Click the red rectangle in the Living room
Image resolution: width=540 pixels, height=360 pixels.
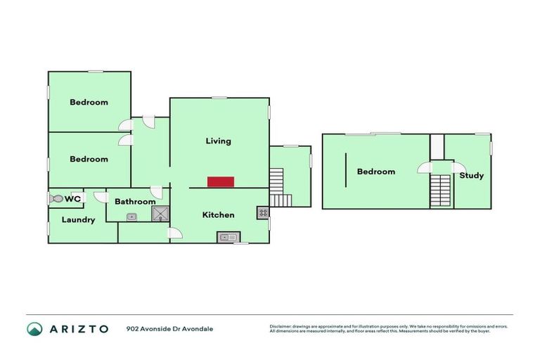click(x=220, y=181)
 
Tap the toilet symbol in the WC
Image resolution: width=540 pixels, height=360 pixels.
click(x=56, y=199)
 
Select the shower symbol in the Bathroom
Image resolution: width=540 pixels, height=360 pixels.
click(x=160, y=214)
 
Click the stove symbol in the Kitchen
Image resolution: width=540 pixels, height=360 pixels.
click(x=262, y=212)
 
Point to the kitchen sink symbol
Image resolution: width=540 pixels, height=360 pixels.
click(x=228, y=237)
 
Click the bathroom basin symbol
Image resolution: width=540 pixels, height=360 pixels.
click(x=131, y=217)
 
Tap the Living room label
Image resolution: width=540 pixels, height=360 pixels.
click(x=218, y=141)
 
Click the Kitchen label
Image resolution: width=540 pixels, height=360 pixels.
click(x=218, y=214)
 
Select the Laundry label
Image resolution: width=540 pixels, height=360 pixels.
click(x=78, y=219)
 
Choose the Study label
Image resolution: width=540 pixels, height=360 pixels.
click(x=471, y=175)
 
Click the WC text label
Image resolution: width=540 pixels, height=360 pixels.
click(x=72, y=199)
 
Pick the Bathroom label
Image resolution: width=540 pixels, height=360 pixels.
click(x=135, y=202)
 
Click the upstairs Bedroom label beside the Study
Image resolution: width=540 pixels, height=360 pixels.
click(x=375, y=172)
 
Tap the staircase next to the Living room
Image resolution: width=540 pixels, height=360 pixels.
click(x=279, y=186)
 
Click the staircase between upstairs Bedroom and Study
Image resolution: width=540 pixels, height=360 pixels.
click(x=440, y=190)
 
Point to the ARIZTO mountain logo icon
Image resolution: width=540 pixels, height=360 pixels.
click(x=34, y=328)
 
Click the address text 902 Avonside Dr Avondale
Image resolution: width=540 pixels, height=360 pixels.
click(x=169, y=328)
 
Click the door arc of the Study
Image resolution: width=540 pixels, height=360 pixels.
click(x=458, y=167)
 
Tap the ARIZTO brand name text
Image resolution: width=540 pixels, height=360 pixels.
click(x=78, y=328)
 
